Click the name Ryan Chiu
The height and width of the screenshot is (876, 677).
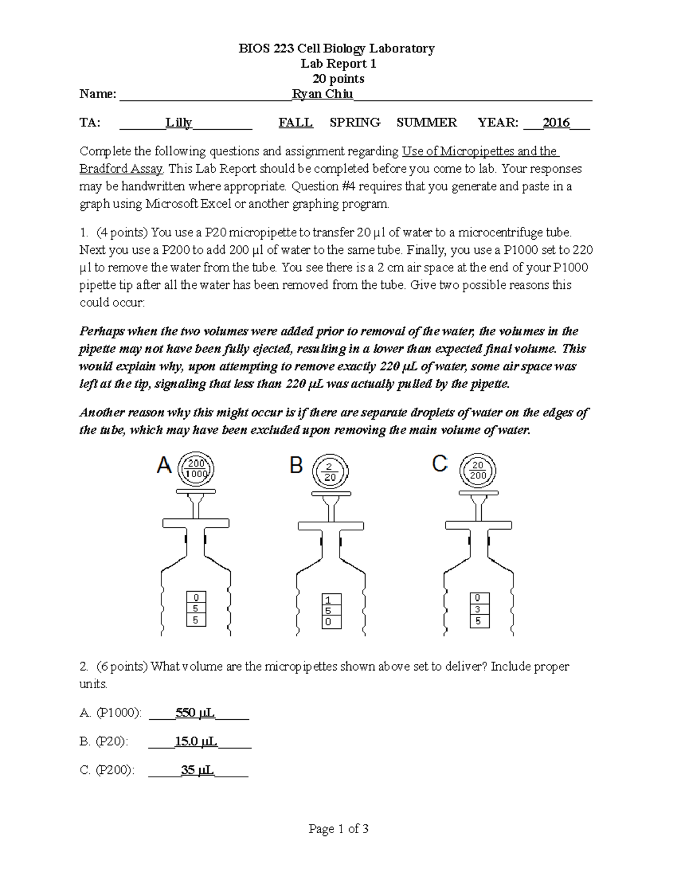(322, 94)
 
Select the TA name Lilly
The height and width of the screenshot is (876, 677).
(178, 123)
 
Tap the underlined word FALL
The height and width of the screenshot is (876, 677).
(296, 123)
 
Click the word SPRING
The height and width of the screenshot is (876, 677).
(355, 123)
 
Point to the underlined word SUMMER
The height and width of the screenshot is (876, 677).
(427, 123)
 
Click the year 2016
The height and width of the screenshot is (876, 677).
(556, 123)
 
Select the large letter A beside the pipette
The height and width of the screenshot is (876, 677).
(164, 466)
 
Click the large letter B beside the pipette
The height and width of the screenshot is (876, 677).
(296, 466)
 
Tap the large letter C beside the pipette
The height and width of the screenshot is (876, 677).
(439, 464)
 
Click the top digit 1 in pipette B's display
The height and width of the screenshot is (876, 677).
(328, 600)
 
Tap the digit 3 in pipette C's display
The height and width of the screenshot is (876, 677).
(478, 609)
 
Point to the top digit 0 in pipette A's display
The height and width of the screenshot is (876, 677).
(196, 597)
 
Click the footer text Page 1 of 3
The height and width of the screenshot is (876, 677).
(338, 829)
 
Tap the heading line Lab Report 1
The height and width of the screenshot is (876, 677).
(338, 64)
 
